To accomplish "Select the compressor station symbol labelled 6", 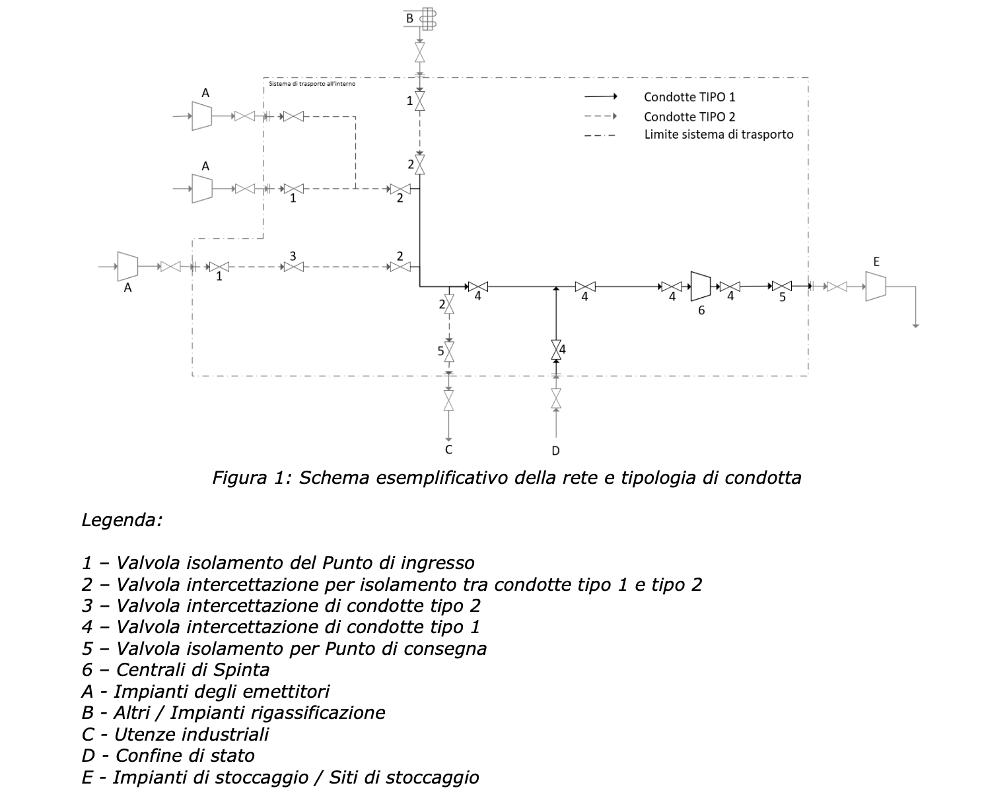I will pyautogui.click(x=701, y=286).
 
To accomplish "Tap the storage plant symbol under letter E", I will pyautogui.click(x=876, y=286).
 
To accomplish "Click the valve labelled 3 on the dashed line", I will pyautogui.click(x=293, y=267).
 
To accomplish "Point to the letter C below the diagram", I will pyautogui.click(x=448, y=450).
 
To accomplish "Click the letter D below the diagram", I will pyautogui.click(x=555, y=450).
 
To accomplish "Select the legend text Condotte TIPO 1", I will pyautogui.click(x=689, y=97).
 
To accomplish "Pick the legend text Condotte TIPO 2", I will pyautogui.click(x=689, y=117).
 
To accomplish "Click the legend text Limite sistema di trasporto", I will pyautogui.click(x=719, y=135).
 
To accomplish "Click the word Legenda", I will pyautogui.click(x=122, y=520).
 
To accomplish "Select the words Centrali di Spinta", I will pyautogui.click(x=193, y=670).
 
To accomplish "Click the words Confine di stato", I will pyautogui.click(x=185, y=755).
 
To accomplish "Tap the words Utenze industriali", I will pyautogui.click(x=192, y=734).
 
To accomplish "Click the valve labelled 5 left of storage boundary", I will pyautogui.click(x=783, y=286).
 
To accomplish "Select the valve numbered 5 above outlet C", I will pyautogui.click(x=449, y=352).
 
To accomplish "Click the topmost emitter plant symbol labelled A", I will pyautogui.click(x=201, y=116).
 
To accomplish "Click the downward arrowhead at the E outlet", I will pyautogui.click(x=916, y=325).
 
